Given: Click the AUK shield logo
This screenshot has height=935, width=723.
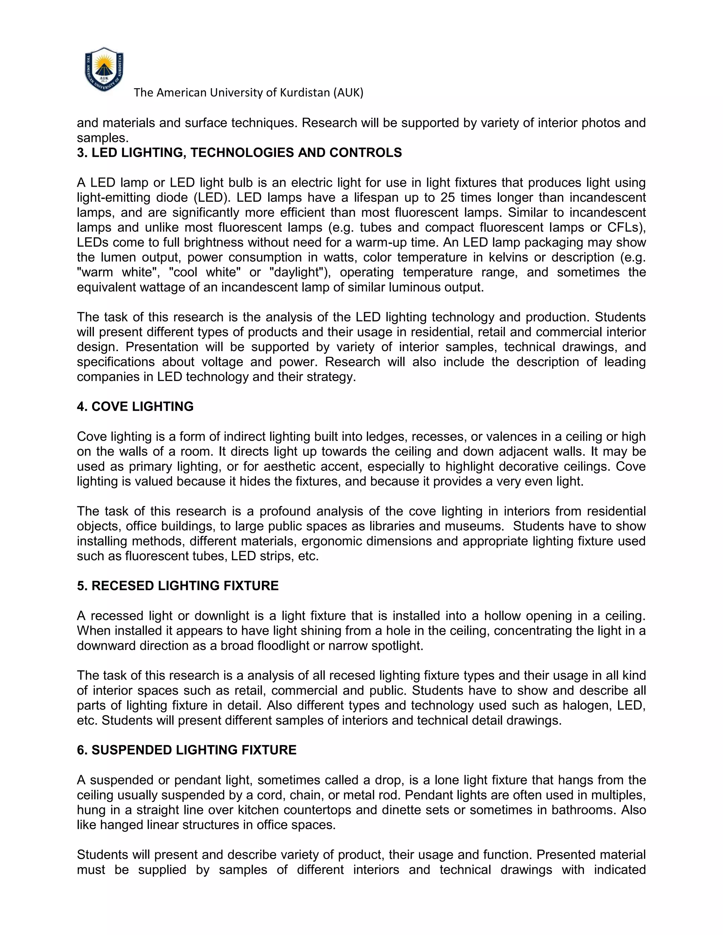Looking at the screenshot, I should pyautogui.click(x=104, y=70).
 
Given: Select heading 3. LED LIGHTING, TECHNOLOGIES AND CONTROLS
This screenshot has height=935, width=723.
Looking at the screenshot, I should pyautogui.click(x=239, y=153).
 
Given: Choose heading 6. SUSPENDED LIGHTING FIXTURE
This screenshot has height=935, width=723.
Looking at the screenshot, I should pyautogui.click(x=186, y=750).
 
